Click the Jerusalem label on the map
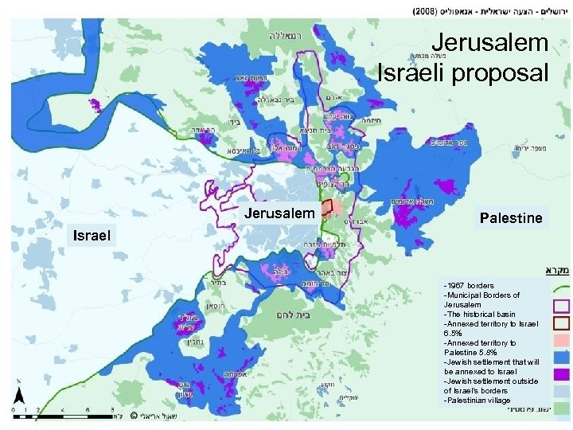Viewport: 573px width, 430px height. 279,213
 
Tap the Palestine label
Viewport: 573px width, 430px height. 510,217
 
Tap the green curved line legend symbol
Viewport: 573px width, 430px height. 560,286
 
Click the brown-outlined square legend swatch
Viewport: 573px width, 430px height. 560,323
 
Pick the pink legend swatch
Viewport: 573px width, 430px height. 560,341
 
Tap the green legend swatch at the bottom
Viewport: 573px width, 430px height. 560,408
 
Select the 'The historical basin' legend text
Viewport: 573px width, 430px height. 479,314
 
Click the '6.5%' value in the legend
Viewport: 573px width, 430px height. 454,333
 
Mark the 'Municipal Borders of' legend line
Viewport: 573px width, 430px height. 482,295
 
